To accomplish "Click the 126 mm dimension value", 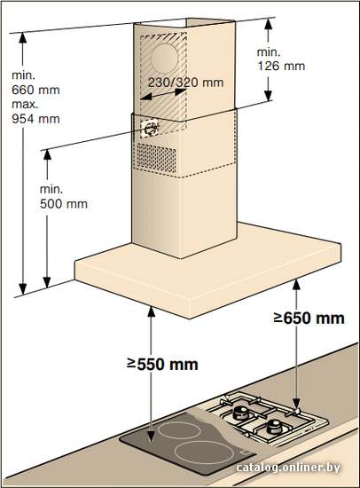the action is (x=281, y=66).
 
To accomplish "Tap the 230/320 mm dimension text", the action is (x=185, y=83).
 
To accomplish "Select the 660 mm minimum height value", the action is (x=35, y=90).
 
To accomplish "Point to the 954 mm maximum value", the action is (x=35, y=119).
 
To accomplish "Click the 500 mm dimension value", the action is (x=64, y=204).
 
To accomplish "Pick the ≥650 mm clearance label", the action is (x=309, y=318).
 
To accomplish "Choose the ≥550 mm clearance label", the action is (x=162, y=364).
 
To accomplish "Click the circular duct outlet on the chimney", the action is (x=164, y=59).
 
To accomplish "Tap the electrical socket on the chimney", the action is (x=150, y=129).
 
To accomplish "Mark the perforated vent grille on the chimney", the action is (x=157, y=158).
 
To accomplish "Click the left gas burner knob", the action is (x=240, y=413).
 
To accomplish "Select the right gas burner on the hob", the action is (x=275, y=426).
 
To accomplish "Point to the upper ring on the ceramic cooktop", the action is (x=179, y=430).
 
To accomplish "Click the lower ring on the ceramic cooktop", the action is (x=203, y=452).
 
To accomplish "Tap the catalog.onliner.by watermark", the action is (x=288, y=467).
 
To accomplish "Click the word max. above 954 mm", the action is (x=25, y=105).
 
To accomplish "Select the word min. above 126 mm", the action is (x=269, y=52).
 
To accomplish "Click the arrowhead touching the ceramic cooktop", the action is (x=151, y=435).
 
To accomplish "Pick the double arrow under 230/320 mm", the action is (x=163, y=94).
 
